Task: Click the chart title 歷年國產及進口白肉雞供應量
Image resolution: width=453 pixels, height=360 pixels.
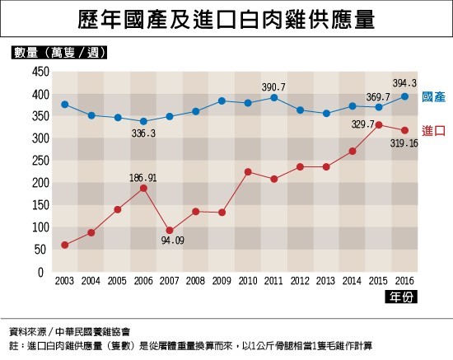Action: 226,19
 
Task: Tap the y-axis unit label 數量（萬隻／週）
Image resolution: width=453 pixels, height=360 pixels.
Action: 59,52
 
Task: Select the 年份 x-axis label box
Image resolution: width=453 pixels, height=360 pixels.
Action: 401,297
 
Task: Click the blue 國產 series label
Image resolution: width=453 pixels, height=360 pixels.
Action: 433,96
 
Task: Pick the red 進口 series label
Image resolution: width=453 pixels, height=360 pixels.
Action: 433,131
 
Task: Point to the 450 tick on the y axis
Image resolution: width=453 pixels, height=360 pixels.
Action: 40,72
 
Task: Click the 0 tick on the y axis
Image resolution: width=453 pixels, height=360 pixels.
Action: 40,272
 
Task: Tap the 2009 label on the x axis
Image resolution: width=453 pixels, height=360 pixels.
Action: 222,281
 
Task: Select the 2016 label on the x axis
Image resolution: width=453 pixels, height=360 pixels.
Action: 404,281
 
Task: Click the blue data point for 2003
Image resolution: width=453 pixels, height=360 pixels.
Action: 65,105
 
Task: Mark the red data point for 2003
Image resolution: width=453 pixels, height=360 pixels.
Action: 65,245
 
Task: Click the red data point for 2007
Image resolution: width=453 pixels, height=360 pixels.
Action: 170,231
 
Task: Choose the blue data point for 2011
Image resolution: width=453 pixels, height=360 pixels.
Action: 274,98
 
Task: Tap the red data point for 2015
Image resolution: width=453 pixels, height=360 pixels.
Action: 379,125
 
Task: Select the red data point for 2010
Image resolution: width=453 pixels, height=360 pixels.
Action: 248,172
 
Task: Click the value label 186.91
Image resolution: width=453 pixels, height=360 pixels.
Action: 143,178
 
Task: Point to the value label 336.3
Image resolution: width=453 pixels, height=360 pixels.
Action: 143,133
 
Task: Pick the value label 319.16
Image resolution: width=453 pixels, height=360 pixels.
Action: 404,143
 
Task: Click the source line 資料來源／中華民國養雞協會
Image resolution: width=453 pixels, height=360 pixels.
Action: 69,332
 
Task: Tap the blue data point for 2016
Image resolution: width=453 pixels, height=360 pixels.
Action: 404,96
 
